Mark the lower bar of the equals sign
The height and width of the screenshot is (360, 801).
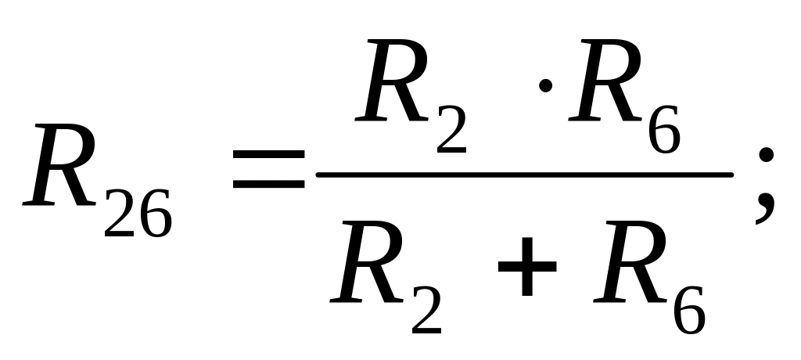(269, 186)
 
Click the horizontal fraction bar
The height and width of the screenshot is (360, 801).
(523, 175)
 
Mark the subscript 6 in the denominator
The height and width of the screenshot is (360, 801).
(688, 308)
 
